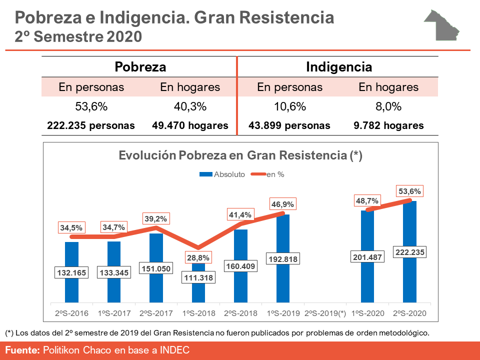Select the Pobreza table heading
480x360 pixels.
tap(140, 67)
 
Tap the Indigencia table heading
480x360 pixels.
tap(338, 67)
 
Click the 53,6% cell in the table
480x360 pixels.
tap(91, 106)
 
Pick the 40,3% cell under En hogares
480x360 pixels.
tap(190, 106)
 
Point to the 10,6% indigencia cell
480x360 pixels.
tap(289, 106)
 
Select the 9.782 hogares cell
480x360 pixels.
tap(388, 125)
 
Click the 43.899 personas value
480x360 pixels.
tap(289, 125)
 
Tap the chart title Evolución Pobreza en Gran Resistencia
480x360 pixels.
tap(240, 155)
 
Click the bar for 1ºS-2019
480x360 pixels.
tap(282, 235)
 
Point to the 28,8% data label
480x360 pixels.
tap(198, 258)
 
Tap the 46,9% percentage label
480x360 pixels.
tap(282, 204)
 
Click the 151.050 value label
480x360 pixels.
tap(156, 268)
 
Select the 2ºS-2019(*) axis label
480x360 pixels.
tap(325, 313)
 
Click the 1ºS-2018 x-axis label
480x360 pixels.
tap(198, 313)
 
